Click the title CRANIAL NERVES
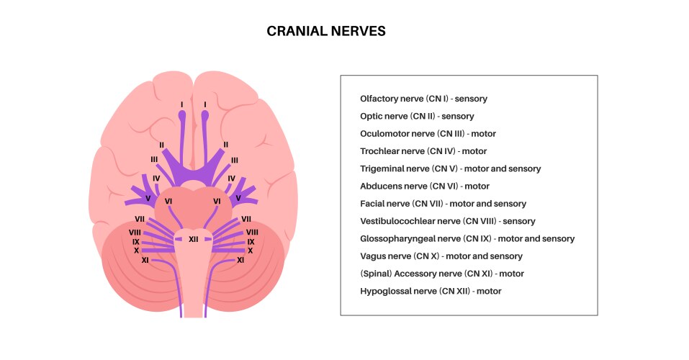point(326,31)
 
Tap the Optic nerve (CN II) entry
point(417,116)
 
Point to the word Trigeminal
point(382,168)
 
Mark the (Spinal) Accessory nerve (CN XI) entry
point(441,274)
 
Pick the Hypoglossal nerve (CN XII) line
point(431,292)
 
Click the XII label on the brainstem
point(193,239)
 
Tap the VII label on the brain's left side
point(140,218)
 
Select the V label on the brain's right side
point(238,197)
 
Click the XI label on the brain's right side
point(240,260)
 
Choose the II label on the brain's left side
point(161,145)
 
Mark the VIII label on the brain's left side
point(134,232)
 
